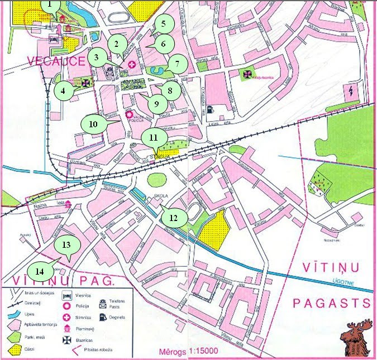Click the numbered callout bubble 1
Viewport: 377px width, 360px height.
[x=51, y=7]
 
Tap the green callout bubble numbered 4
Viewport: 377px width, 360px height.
[x=66, y=90]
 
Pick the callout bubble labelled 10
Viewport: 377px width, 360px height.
[x=93, y=123]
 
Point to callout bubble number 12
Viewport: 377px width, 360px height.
[x=174, y=218]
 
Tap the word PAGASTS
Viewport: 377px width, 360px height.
[x=332, y=303]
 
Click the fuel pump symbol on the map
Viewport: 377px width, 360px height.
[x=209, y=109]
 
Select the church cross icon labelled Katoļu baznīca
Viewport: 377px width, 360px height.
[x=246, y=74]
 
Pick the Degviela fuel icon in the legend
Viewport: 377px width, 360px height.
[x=103, y=317]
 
